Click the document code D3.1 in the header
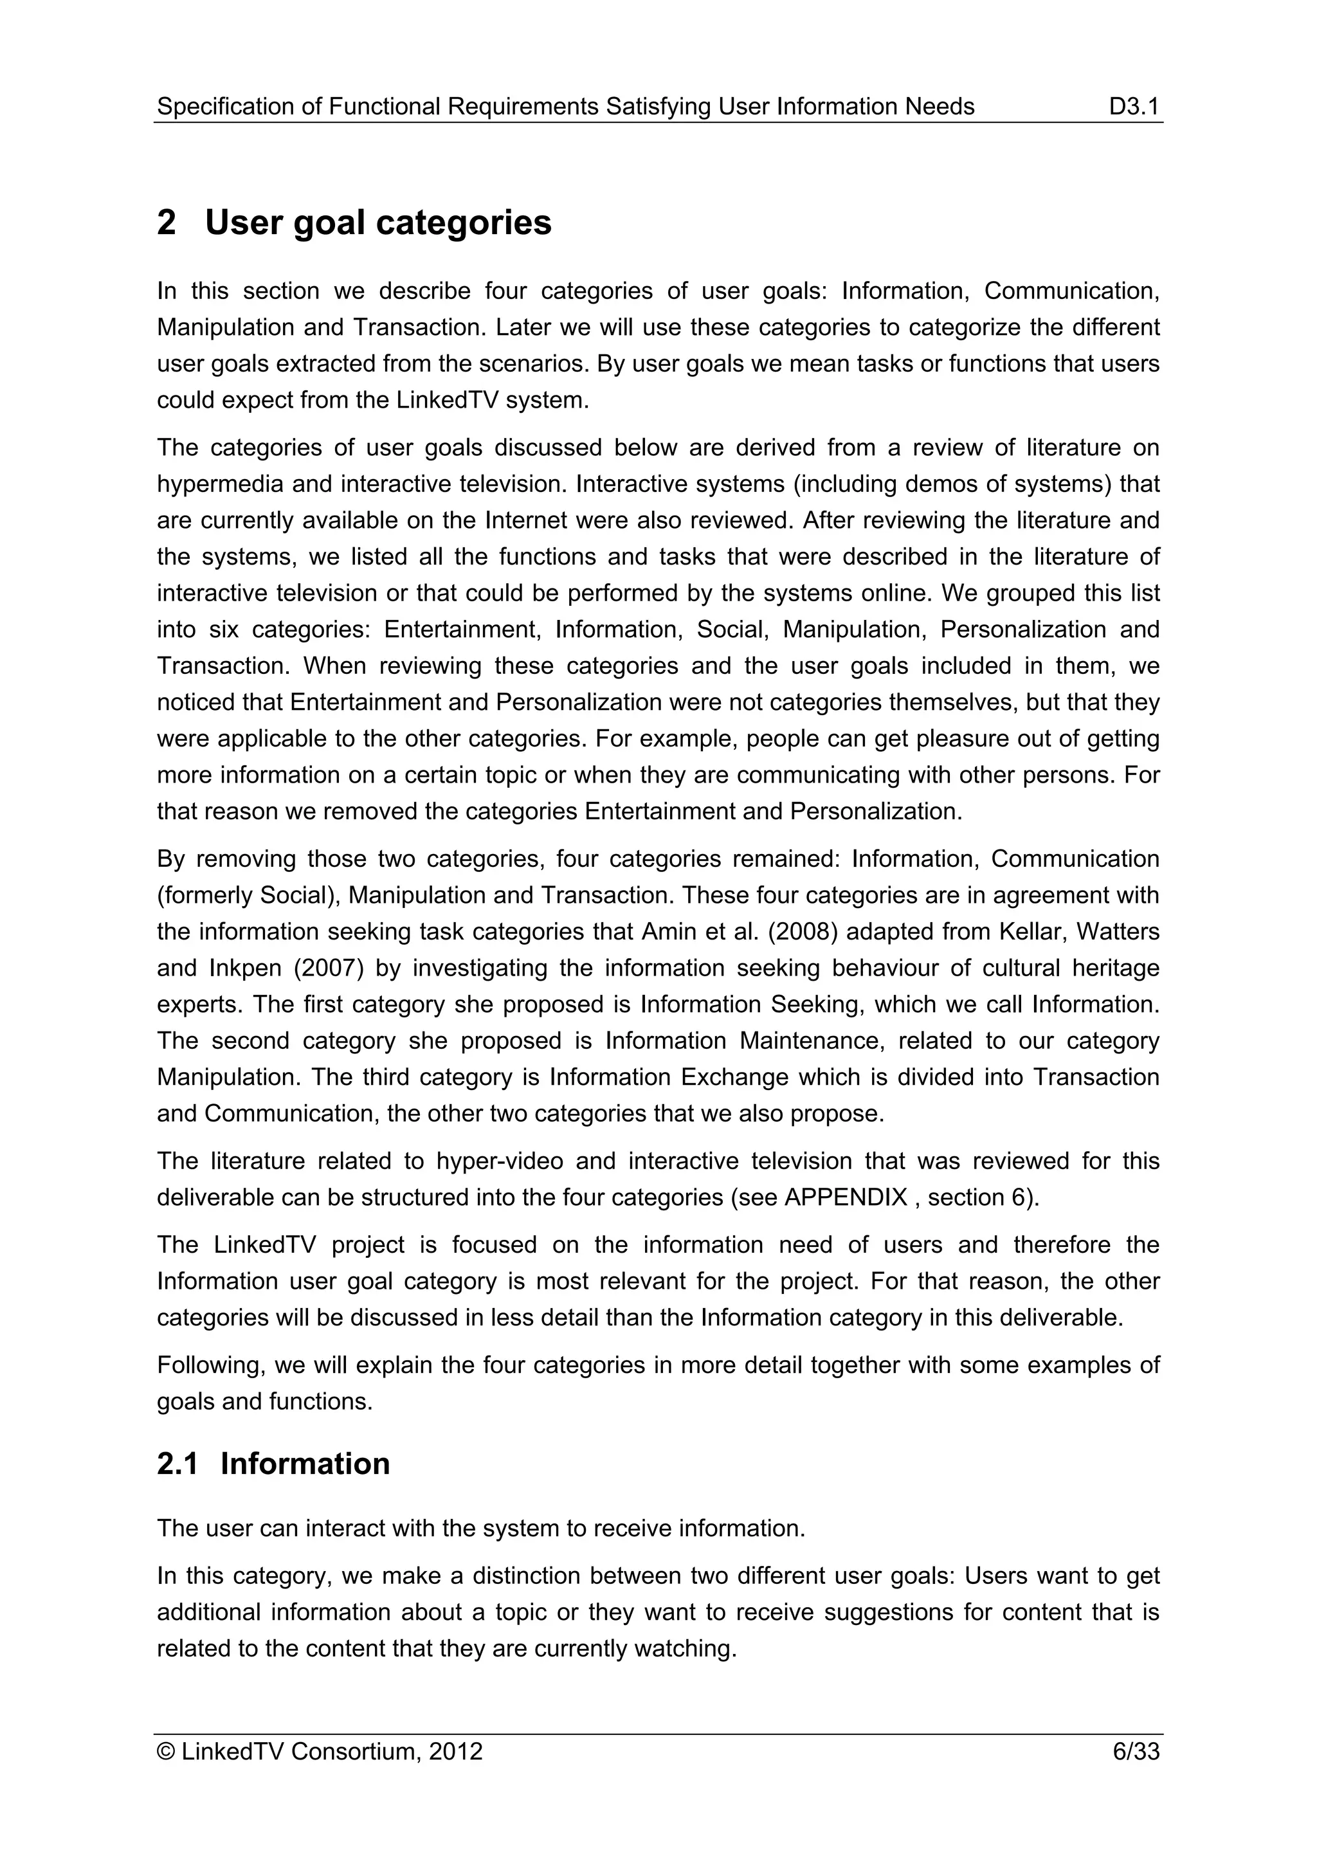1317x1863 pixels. tap(1134, 106)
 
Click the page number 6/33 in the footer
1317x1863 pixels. tap(1136, 1752)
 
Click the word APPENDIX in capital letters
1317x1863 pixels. tap(846, 1197)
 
